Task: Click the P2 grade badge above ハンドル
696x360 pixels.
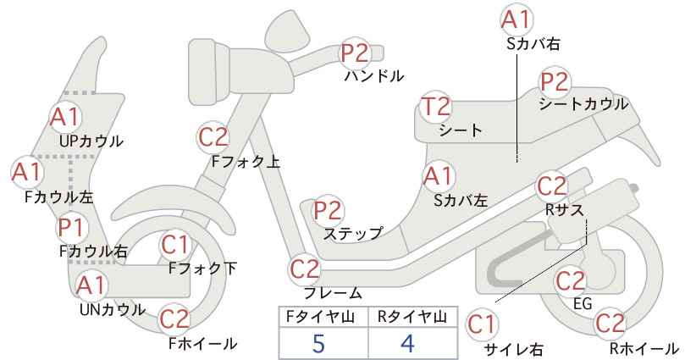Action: click(356, 53)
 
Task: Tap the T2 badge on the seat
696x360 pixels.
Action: click(436, 107)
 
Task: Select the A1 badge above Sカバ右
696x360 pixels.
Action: click(516, 20)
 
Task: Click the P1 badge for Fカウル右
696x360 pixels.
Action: click(71, 228)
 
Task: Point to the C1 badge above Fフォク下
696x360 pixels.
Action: click(175, 245)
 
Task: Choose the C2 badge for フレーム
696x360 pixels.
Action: click(305, 269)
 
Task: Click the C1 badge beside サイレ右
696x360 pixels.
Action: click(482, 325)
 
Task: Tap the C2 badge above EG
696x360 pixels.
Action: click(571, 281)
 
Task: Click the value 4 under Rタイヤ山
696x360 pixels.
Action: click(407, 343)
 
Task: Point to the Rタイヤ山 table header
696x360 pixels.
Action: click(412, 317)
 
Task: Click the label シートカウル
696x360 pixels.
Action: click(583, 104)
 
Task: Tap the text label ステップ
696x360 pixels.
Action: click(353, 233)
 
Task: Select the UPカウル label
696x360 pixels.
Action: click(91, 141)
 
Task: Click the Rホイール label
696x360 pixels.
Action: click(644, 348)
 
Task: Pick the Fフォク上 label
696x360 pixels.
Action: click(246, 162)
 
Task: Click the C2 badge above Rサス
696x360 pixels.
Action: click(552, 186)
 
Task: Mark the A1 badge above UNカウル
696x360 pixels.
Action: click(91, 285)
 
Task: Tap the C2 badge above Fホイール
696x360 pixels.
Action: click(174, 318)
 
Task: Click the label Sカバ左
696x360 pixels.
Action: click(461, 201)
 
